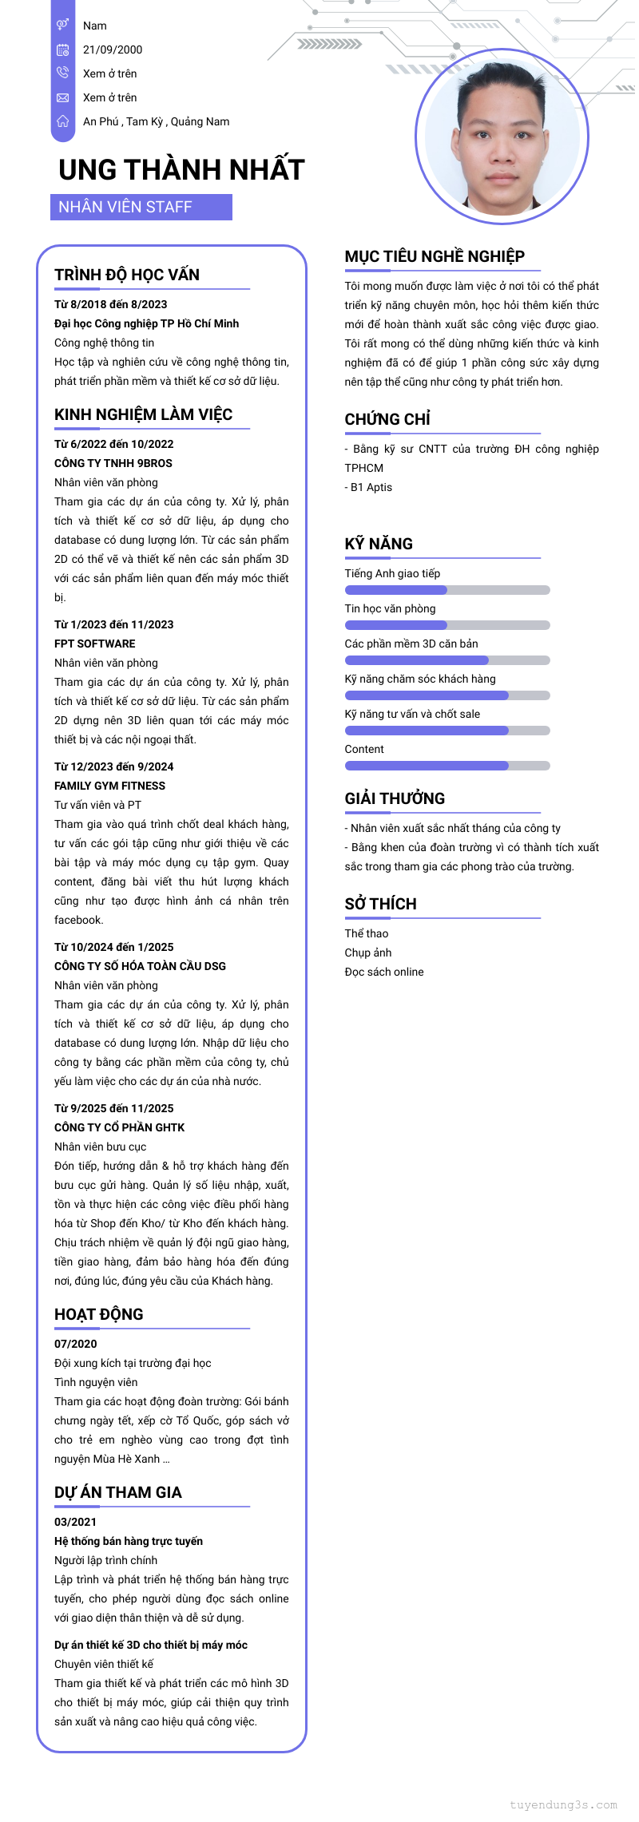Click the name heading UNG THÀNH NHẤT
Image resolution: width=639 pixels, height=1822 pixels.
point(181,170)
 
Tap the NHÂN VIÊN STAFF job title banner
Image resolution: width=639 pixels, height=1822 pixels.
point(141,207)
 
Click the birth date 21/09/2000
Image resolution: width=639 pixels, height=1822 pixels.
point(113,50)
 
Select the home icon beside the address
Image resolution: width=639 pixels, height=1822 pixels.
point(62,121)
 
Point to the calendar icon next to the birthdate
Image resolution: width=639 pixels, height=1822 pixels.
point(62,50)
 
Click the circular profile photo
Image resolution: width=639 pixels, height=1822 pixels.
point(502,137)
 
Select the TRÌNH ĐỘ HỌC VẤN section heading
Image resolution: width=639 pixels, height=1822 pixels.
point(127,275)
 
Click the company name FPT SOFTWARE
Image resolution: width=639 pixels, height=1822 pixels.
point(95,644)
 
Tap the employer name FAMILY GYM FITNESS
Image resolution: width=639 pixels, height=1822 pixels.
point(109,786)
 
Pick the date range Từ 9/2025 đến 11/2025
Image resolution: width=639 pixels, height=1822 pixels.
point(113,1108)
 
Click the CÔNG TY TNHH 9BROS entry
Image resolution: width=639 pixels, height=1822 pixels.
point(113,463)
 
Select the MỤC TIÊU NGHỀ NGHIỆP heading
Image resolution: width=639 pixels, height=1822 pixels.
point(435,256)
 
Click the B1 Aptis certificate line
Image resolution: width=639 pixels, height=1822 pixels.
point(369,487)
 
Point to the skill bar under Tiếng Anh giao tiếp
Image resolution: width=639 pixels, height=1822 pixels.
point(447,590)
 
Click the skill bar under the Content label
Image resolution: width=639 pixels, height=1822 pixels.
point(447,766)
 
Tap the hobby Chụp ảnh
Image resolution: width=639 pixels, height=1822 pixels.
point(368,953)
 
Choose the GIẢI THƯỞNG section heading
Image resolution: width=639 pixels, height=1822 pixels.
point(395,798)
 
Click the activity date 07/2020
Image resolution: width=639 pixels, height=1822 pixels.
point(76,1344)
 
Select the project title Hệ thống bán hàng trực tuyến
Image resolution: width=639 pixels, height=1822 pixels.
point(129,1541)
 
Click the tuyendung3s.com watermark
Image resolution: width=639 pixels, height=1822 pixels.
point(563,1804)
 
